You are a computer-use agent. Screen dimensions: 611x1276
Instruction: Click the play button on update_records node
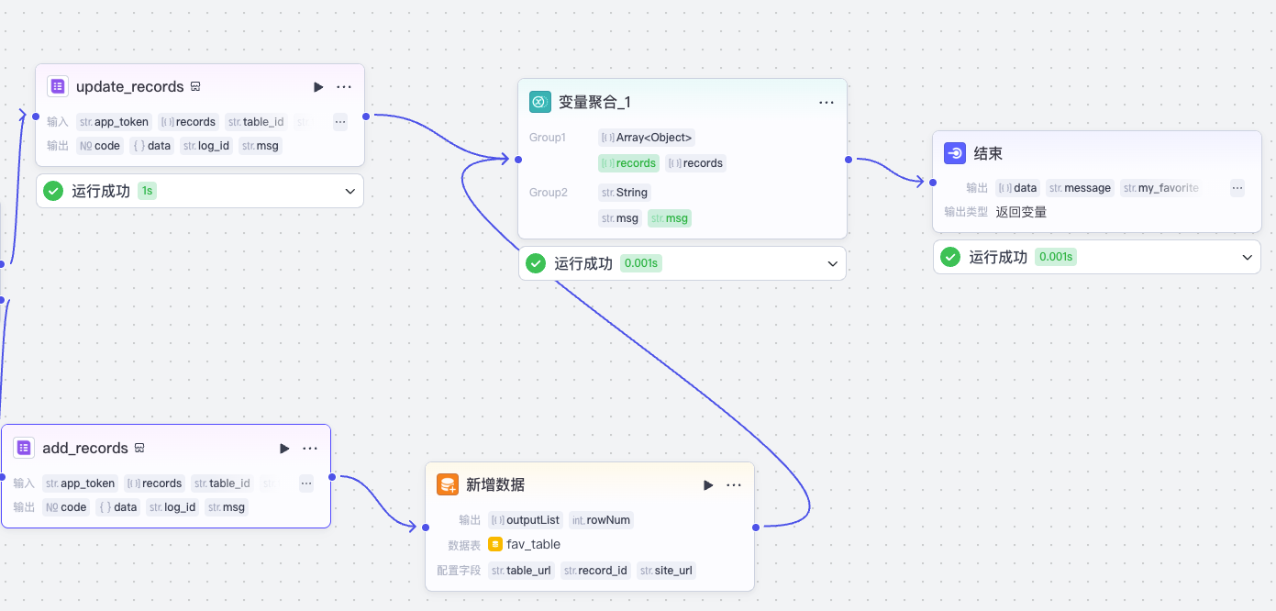pos(318,87)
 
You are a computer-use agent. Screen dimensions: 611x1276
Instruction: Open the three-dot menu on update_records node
pos(344,87)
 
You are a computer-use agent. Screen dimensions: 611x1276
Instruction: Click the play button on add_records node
pos(284,449)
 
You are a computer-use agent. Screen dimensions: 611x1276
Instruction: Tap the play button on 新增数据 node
pos(708,485)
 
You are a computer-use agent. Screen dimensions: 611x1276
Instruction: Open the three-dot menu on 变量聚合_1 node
pos(827,103)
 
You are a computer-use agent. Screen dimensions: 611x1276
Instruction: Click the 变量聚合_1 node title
pos(594,103)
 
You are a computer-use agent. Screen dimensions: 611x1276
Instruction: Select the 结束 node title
pos(988,154)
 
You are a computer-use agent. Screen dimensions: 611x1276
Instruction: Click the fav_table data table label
pos(533,544)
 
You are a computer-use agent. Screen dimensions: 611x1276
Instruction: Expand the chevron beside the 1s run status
pos(350,192)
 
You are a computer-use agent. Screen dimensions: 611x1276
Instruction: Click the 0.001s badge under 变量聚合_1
pos(640,263)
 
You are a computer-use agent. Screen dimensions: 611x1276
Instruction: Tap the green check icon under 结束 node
pos(950,257)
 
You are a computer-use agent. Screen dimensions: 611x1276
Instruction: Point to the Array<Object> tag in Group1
pos(648,138)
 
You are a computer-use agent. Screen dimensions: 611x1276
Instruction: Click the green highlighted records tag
pos(628,163)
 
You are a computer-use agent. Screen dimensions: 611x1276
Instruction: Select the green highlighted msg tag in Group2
pos(670,218)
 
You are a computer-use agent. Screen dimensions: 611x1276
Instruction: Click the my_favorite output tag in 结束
pos(1161,188)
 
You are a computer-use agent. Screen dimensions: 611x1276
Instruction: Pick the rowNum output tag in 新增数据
pos(602,520)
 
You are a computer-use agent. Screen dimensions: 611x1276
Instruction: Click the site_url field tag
pos(667,571)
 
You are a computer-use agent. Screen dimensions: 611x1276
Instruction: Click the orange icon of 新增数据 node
pos(448,485)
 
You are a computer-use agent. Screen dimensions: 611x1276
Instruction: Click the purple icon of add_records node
pos(24,449)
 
